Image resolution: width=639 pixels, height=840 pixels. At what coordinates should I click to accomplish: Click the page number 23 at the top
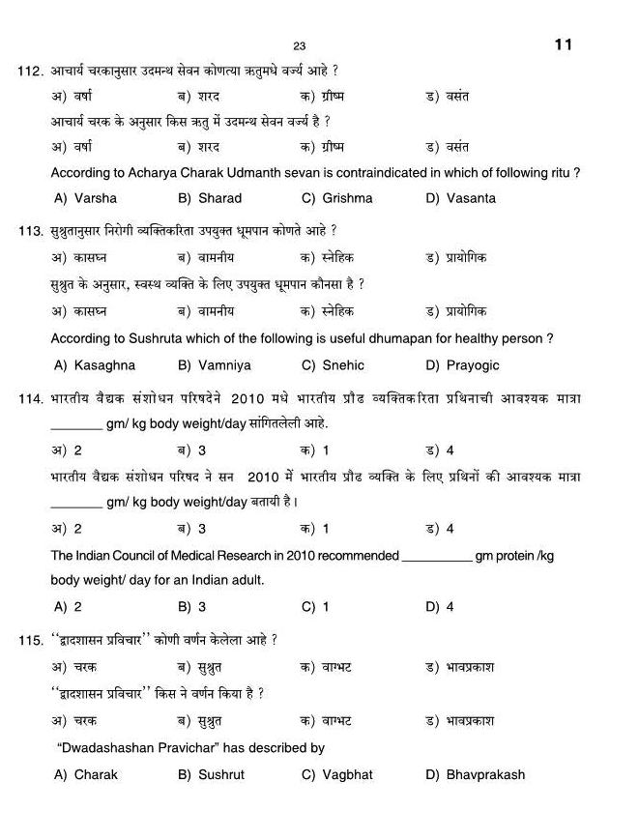pyautogui.click(x=299, y=46)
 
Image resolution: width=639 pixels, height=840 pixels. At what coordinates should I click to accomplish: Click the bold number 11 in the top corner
pyautogui.click(x=564, y=44)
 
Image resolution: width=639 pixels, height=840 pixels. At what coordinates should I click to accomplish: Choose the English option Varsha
pyautogui.click(x=95, y=198)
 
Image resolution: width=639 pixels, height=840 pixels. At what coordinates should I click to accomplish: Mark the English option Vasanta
pyautogui.click(x=471, y=198)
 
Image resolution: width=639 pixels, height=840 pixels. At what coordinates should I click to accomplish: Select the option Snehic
pyautogui.click(x=343, y=365)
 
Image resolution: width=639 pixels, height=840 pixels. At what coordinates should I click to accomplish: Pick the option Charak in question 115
pyautogui.click(x=96, y=774)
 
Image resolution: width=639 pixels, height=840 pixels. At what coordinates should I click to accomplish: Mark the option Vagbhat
pyautogui.click(x=347, y=774)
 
